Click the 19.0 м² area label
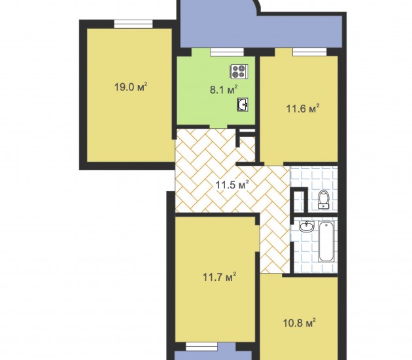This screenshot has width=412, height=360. pos(131,86)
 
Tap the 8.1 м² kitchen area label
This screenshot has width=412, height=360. pos(224,90)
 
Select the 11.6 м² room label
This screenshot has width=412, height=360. pos(303,109)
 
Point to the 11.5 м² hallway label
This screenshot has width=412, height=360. pos(232,185)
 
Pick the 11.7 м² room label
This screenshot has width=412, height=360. pos(219,277)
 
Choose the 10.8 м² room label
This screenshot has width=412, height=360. pos(300,323)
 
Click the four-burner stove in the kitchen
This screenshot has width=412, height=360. pos(239,71)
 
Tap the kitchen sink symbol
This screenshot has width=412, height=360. pos(243,105)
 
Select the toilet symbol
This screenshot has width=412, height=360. pos(324,200)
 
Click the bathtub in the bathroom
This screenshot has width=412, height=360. pos(326,242)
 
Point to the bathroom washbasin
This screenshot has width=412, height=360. pos(307,226)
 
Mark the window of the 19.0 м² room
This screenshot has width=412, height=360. pos(133,24)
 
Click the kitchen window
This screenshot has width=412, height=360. pos(227,52)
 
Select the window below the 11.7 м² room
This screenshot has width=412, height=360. pos(201,346)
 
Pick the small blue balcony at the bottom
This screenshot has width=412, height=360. pos(213,355)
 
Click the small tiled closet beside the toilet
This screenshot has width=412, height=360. pos(298,202)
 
